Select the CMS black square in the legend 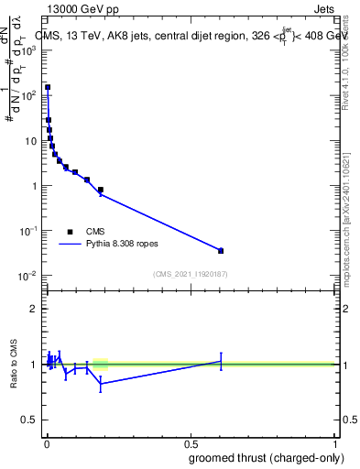pos(70,232)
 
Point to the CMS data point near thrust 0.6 pos(221,250)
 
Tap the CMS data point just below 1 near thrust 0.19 pos(100,190)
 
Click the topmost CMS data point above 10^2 pos(48,87)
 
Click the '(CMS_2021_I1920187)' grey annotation pos(189,273)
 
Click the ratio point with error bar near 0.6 pos(221,362)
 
